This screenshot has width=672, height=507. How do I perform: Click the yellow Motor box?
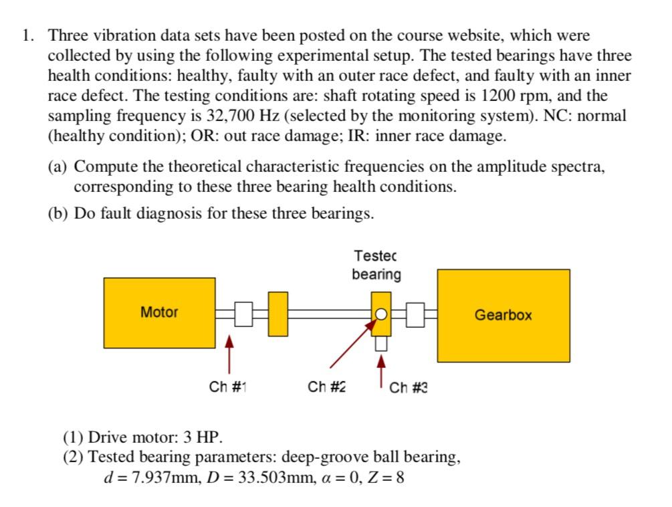pyautogui.click(x=159, y=312)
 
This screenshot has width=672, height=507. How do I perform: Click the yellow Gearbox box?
pyautogui.click(x=503, y=315)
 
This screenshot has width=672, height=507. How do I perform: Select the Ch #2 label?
pyautogui.click(x=327, y=387)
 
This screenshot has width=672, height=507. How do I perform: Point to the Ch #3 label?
pyautogui.click(x=409, y=387)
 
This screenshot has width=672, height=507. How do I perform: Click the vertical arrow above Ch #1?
pyautogui.click(x=229, y=353)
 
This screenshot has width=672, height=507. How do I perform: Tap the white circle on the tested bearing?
pyautogui.click(x=380, y=313)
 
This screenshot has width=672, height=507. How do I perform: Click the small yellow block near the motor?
pyautogui.click(x=278, y=314)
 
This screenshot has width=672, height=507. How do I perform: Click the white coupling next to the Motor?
pyautogui.click(x=243, y=313)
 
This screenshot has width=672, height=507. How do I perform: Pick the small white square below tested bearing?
pyautogui.click(x=380, y=343)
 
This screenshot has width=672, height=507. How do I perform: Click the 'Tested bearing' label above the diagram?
pyautogui.click(x=376, y=265)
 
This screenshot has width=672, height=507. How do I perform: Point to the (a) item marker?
pyautogui.click(x=58, y=167)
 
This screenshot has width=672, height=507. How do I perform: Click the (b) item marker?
pyautogui.click(x=58, y=213)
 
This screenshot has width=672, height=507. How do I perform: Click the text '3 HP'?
pyautogui.click(x=202, y=438)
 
